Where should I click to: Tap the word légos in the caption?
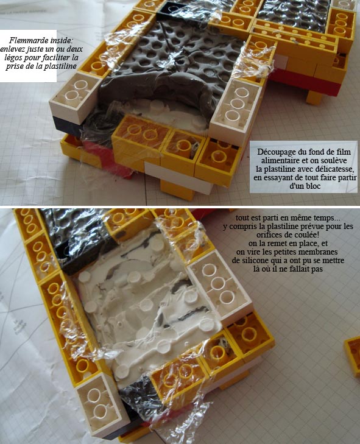(x=13, y=58)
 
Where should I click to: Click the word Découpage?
(x=274, y=152)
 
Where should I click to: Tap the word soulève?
(x=336, y=161)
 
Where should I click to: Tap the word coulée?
(x=309, y=234)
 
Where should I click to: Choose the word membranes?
(x=319, y=252)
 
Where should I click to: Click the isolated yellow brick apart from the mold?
(x=352, y=355)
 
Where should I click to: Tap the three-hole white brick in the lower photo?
(x=220, y=286)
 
